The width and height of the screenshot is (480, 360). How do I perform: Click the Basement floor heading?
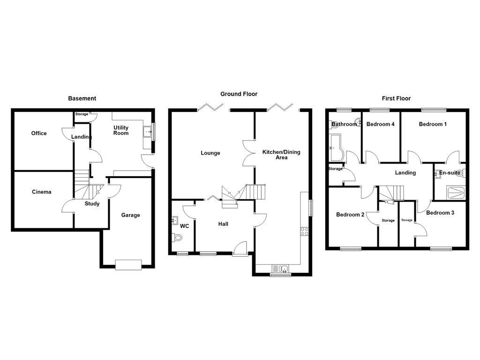pyautogui.click(x=82, y=98)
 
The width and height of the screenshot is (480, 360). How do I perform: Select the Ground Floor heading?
pyautogui.click(x=239, y=94)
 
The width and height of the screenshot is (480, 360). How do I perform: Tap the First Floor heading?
pyautogui.click(x=396, y=98)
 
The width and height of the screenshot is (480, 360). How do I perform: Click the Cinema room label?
pyautogui.click(x=42, y=192)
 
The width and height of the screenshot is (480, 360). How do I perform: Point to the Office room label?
pyautogui.click(x=39, y=134)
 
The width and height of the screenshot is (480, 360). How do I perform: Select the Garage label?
pyautogui.click(x=130, y=216)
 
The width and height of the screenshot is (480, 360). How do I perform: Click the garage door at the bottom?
pyautogui.click(x=128, y=265)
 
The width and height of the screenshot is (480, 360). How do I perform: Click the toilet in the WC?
pyautogui.click(x=177, y=238)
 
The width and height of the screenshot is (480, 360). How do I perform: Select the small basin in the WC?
pyautogui.click(x=175, y=220)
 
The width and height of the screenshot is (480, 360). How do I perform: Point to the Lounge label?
pyautogui.click(x=210, y=153)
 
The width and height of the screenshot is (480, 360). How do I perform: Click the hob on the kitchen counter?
pyautogui.click(x=304, y=231)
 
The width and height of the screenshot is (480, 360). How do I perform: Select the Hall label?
pyautogui.click(x=223, y=225)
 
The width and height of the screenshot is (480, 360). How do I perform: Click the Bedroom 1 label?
pyautogui.click(x=433, y=124)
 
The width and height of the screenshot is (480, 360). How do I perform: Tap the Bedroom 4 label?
pyautogui.click(x=381, y=124)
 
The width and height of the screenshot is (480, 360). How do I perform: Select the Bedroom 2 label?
pyautogui.click(x=350, y=215)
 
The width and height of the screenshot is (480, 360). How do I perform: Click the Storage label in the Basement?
pyautogui.click(x=82, y=114)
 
